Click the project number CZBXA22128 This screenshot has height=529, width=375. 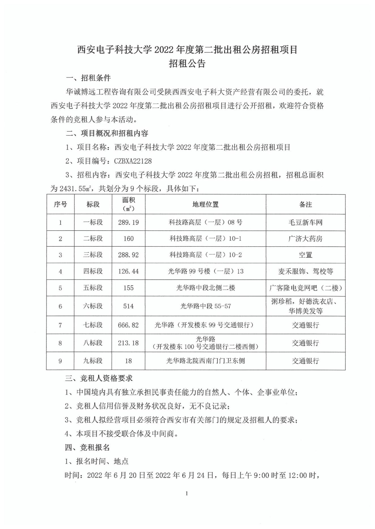pos(133,161)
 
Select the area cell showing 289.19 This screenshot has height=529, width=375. pos(128,222)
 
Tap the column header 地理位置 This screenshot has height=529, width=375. pos(205,204)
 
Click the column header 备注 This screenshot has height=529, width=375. pos(305,204)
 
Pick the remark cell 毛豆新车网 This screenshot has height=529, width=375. pos(305,222)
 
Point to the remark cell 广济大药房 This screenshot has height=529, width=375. pos(305,239)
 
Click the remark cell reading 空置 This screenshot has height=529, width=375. pos(305,255)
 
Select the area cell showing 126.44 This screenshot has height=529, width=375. pos(128,271)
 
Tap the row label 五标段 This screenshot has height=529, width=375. pos(93,288)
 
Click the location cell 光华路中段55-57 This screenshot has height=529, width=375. pos(205,306)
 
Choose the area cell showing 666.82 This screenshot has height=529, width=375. pos(128,325)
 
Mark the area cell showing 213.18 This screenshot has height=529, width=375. pos(128,343)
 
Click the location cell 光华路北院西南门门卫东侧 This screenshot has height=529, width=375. pos(205,361)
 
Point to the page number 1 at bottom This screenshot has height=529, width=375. pos(187,493)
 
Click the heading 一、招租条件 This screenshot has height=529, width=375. pos(88,78)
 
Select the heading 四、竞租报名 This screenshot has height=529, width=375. pos(87,448)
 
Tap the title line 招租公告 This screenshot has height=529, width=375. pos(187,63)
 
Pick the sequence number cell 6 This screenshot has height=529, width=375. pos(60,306)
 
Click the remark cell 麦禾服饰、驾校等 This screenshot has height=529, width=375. pos(305,271)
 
